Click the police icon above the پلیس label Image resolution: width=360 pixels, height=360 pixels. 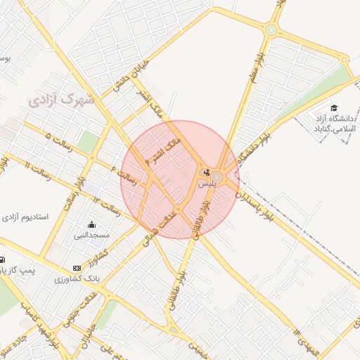206,172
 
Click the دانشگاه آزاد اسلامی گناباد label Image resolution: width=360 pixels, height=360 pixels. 333,124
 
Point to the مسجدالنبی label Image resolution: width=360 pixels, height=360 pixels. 92,236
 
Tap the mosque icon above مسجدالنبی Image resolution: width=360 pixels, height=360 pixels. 92,225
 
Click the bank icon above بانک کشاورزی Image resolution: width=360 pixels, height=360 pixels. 77,269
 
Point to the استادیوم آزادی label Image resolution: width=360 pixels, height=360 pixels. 25,217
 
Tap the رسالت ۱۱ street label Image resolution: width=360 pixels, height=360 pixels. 36,172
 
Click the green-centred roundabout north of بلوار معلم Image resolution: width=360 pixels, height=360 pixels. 271,30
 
